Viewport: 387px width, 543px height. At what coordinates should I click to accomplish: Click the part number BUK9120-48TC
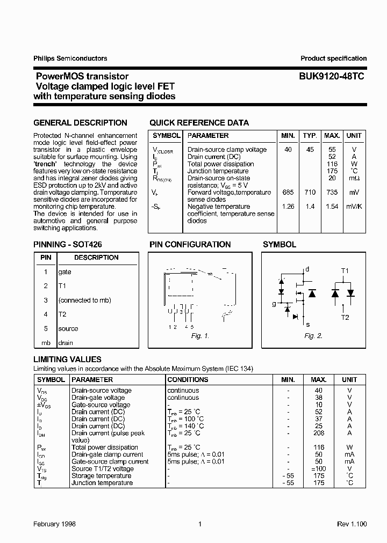pos(332,77)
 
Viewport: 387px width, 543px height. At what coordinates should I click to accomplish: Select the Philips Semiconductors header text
pos(70,58)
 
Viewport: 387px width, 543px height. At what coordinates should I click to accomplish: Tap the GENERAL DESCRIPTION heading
pos(80,123)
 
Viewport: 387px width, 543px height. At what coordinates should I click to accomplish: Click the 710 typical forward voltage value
pos(310,193)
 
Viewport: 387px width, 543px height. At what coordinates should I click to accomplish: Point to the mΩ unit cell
pos(354,178)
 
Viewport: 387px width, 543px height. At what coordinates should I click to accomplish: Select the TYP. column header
pos(310,136)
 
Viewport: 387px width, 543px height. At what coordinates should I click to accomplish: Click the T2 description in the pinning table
pos(62,314)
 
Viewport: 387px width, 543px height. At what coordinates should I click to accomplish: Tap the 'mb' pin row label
pos(46,343)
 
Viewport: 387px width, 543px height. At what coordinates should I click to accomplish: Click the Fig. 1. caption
pos(199,336)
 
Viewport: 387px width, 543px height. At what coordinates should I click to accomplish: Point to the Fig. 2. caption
pos(313,336)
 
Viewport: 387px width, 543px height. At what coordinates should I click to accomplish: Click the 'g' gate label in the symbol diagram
pos(274,304)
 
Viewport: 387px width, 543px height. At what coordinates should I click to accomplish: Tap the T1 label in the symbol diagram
pos(345,271)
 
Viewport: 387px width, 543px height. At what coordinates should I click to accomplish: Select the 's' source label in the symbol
pos(307,324)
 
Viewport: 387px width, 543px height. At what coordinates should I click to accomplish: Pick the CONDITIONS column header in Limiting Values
pos(188,380)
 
